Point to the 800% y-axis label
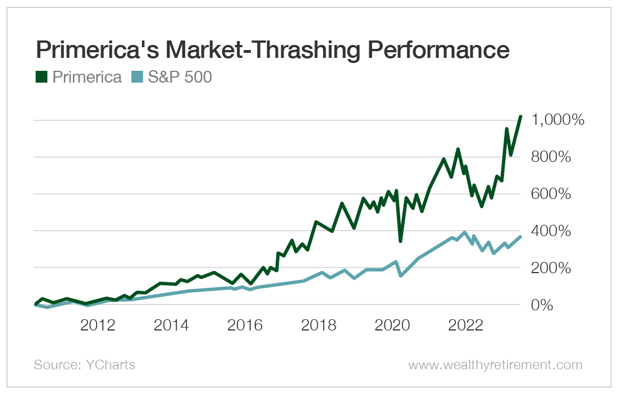552,157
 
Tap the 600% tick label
552,194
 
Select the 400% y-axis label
552,232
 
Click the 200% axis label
552,268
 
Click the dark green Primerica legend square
41,77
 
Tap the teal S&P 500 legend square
136,77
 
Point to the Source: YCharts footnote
85,365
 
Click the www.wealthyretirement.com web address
495,365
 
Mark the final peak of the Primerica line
521,116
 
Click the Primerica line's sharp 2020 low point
400,241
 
